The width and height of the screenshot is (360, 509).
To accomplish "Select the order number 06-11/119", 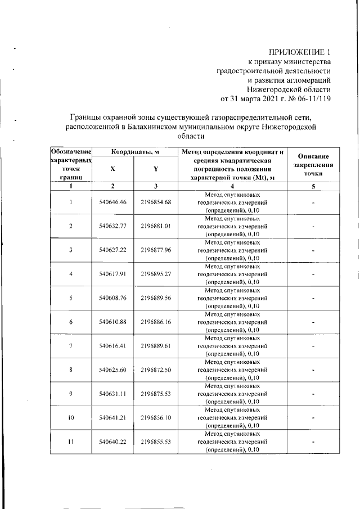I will pyautogui.click(x=310, y=100).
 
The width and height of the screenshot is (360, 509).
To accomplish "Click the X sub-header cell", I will pyautogui.click(x=113, y=169).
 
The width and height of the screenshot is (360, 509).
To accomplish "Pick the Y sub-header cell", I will pyautogui.click(x=156, y=169).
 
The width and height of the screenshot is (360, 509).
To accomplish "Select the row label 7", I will pyautogui.click(x=71, y=345).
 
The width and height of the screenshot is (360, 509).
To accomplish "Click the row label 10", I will pyautogui.click(x=71, y=417).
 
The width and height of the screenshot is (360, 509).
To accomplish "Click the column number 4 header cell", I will pyautogui.click(x=232, y=186).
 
